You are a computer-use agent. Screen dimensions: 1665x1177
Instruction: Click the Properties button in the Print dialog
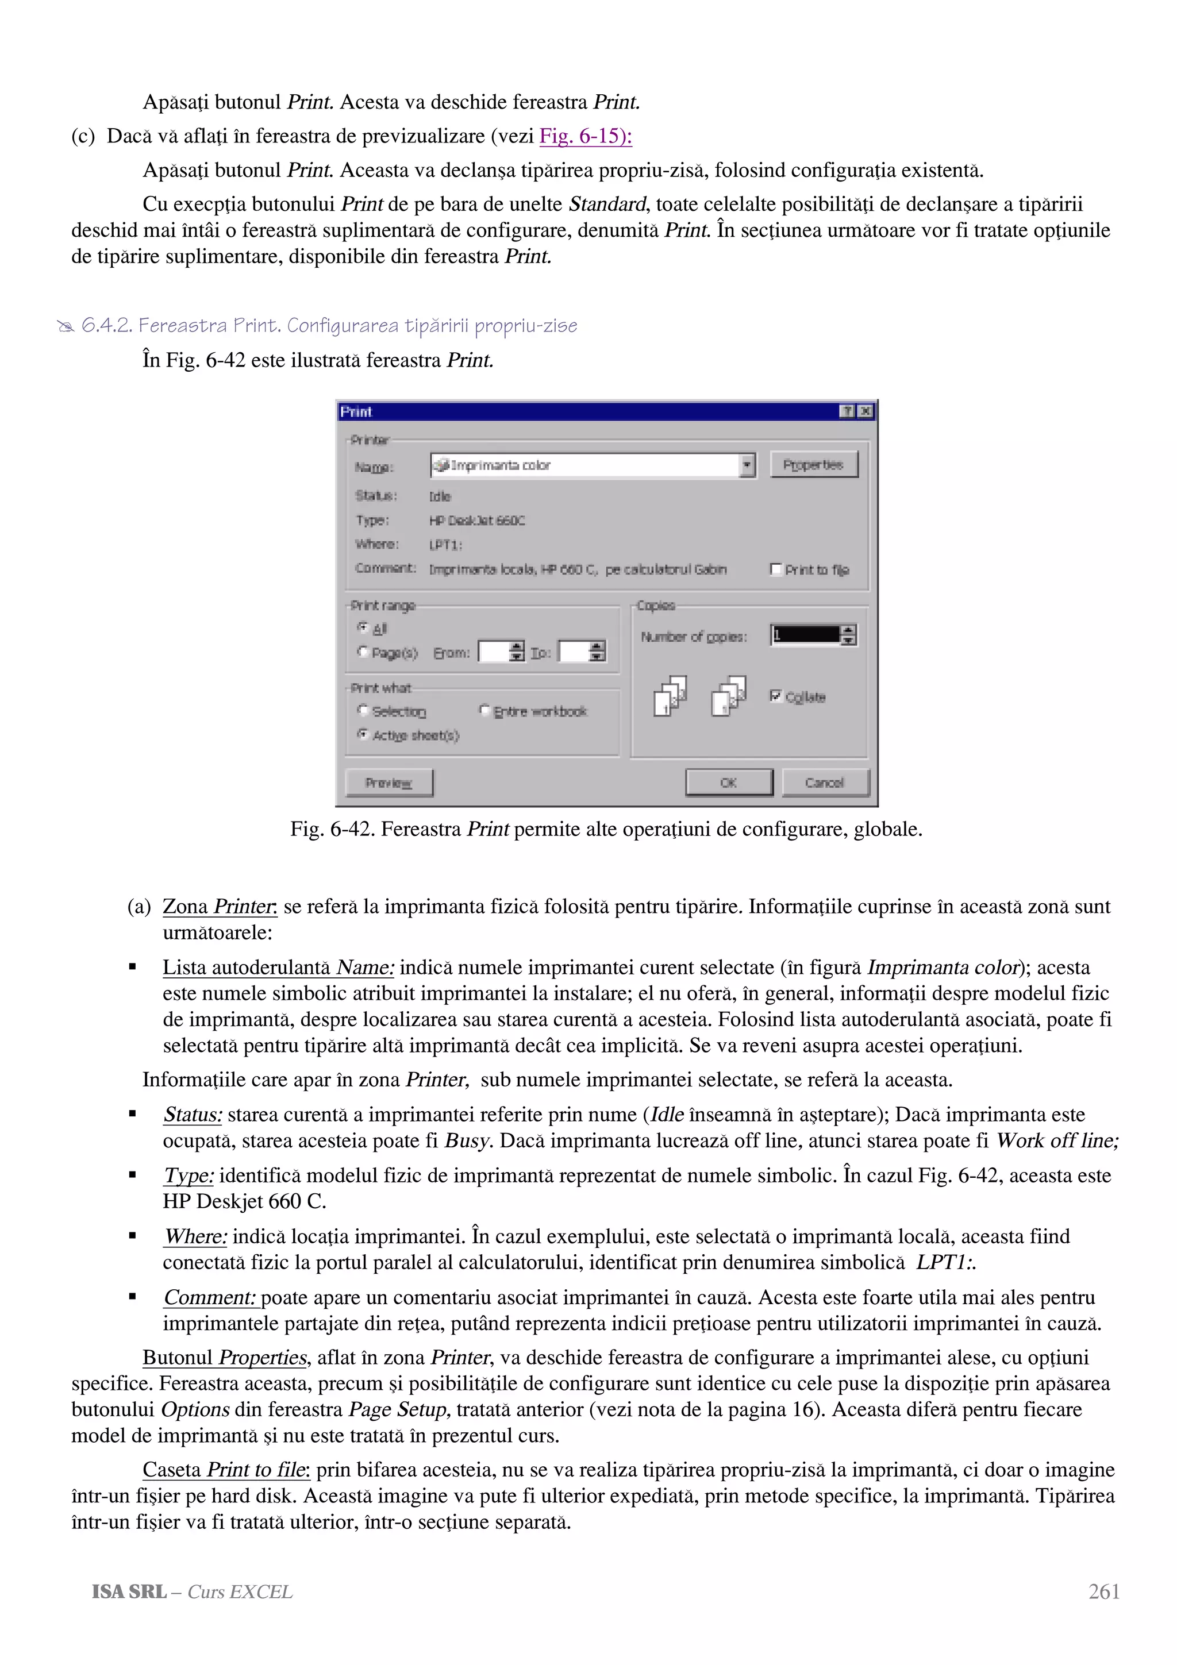(x=813, y=465)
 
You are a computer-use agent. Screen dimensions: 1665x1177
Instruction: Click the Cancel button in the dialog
(x=825, y=783)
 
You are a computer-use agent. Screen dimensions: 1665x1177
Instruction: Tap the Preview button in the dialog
(x=389, y=783)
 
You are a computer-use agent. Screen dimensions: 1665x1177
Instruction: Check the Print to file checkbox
(x=776, y=569)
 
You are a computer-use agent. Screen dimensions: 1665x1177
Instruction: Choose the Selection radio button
(x=363, y=711)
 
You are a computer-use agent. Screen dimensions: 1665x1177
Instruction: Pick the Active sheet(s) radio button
(x=363, y=735)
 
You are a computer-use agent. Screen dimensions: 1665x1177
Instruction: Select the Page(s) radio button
(x=363, y=652)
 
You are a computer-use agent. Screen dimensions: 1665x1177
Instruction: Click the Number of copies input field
(x=805, y=635)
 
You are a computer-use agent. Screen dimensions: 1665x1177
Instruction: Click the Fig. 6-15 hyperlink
(x=585, y=136)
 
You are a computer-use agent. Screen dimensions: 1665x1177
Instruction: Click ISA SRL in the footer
(x=129, y=1592)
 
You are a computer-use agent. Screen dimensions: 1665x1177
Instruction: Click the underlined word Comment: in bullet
(x=210, y=1297)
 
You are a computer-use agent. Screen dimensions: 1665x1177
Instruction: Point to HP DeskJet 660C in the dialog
(x=476, y=521)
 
